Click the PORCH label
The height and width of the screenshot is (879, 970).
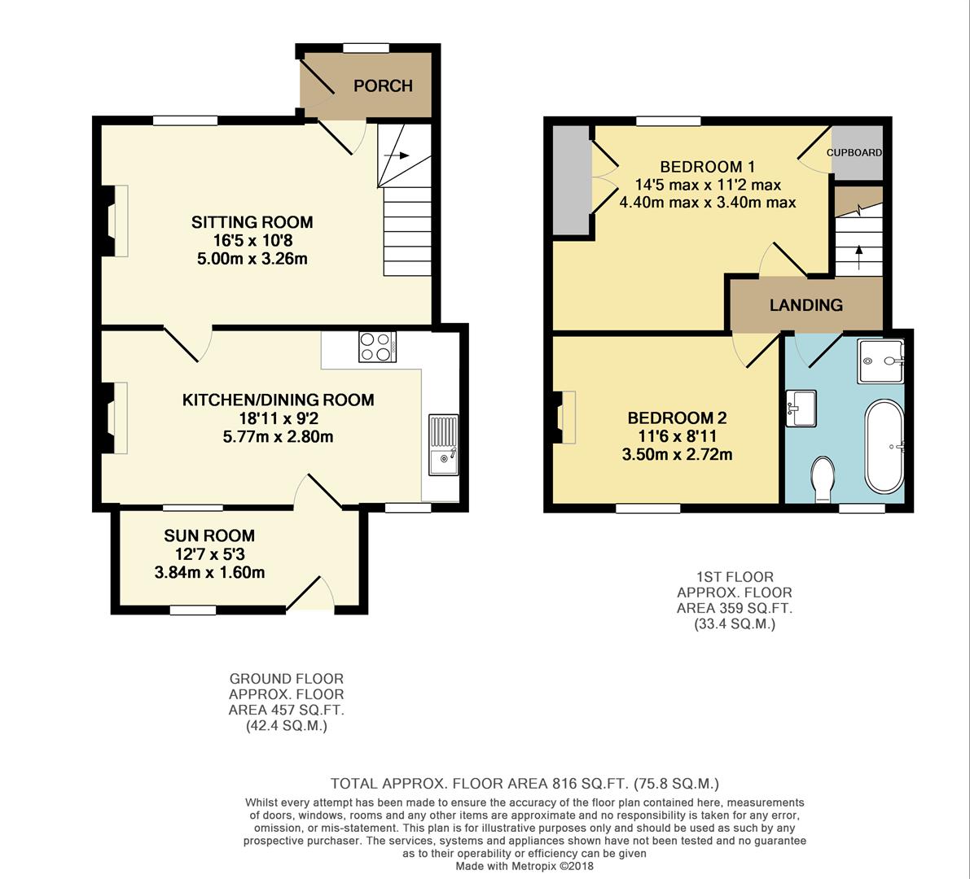pyautogui.click(x=383, y=85)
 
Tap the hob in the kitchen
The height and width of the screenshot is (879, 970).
pyautogui.click(x=376, y=347)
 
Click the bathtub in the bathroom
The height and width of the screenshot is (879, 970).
pyautogui.click(x=884, y=446)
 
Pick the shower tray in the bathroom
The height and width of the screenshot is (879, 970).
pyautogui.click(x=880, y=361)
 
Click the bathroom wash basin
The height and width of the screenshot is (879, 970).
pyautogui.click(x=801, y=408)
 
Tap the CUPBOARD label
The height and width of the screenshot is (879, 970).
pyautogui.click(x=855, y=152)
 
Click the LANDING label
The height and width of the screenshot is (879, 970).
pyautogui.click(x=805, y=305)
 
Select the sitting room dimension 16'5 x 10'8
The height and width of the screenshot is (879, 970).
pyautogui.click(x=252, y=241)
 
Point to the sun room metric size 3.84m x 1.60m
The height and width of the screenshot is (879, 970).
pyautogui.click(x=209, y=572)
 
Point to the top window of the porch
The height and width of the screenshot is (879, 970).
pyautogui.click(x=366, y=48)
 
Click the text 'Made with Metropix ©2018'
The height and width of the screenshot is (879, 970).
pyautogui.click(x=525, y=866)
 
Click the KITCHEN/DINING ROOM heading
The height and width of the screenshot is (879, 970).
pyautogui.click(x=278, y=400)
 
